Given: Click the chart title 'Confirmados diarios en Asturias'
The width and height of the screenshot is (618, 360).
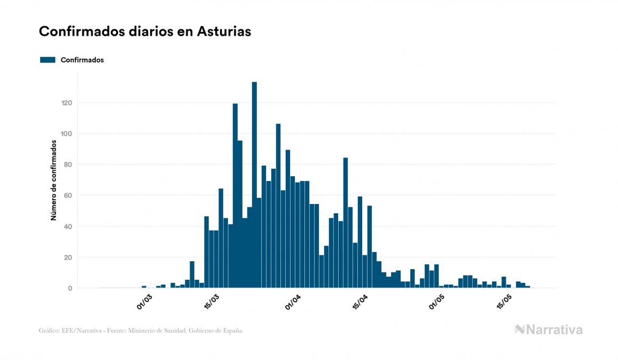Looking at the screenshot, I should [x=145, y=32].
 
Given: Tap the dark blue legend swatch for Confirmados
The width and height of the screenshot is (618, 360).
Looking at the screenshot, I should [x=48, y=60].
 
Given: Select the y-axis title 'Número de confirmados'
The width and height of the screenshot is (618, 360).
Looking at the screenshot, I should [x=53, y=181].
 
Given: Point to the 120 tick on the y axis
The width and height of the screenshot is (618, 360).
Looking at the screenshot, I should [x=66, y=103].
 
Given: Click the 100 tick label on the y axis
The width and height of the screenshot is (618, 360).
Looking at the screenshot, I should [x=66, y=134].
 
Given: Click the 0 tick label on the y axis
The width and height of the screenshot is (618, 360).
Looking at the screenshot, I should [x=69, y=288].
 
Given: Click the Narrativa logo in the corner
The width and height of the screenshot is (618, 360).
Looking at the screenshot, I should [x=549, y=330].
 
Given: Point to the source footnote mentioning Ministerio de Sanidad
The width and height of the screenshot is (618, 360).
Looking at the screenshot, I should [x=140, y=331].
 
